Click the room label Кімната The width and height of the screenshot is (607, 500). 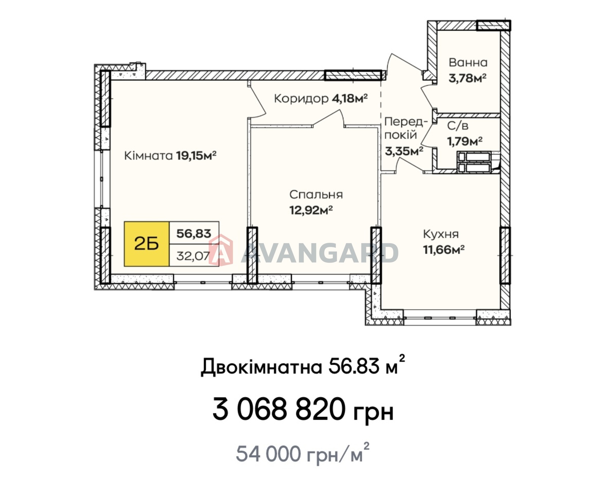point(148,156)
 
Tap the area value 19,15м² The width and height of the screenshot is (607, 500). point(196,155)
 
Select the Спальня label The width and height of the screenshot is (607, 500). point(316,194)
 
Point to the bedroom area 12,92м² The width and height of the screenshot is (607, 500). point(311,210)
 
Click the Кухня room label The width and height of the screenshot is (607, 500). point(441,234)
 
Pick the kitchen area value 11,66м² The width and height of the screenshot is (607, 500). point(444,250)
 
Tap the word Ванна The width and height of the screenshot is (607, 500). point(468,62)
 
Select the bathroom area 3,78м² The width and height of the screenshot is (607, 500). point(467,78)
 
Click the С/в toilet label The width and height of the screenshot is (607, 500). point(458,126)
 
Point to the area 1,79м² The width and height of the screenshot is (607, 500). point(465,141)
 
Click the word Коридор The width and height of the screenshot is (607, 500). point(301,99)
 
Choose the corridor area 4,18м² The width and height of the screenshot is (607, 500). point(350,98)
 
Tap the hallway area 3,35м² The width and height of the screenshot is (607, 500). point(404,151)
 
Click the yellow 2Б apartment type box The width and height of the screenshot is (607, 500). point(146,244)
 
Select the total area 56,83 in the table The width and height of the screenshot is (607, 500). point(193,233)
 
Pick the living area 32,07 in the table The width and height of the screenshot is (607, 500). point(193,256)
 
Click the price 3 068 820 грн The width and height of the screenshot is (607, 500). point(303,410)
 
